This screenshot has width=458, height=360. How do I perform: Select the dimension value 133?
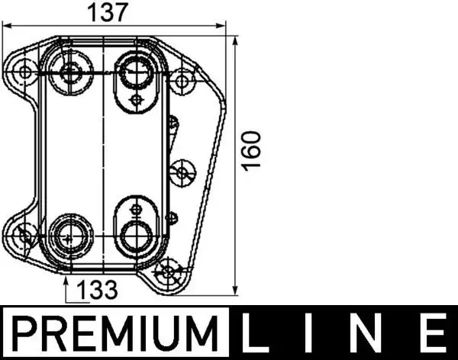click(98, 290)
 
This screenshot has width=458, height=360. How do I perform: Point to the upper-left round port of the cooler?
click(72, 73)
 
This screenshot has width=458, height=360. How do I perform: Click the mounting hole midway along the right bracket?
click(182, 172)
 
